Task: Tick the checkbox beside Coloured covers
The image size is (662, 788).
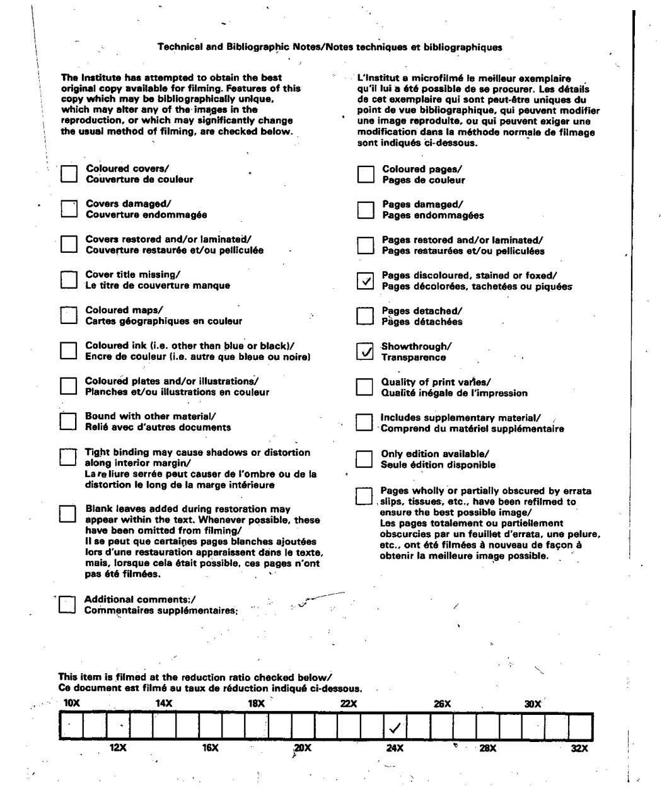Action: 69,174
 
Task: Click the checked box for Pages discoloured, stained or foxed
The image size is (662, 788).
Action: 365,281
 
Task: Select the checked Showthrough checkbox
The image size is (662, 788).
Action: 364,351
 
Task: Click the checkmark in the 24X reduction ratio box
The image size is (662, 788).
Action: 395,728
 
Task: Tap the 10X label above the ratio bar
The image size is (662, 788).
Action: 72,704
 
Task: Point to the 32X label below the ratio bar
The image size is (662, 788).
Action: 579,748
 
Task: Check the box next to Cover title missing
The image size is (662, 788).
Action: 68,280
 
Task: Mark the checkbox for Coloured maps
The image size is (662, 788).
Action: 68,315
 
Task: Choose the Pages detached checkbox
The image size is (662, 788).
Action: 365,316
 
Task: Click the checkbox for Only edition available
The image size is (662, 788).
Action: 364,459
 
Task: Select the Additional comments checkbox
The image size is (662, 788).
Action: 67,605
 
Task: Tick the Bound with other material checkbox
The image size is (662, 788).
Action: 67,421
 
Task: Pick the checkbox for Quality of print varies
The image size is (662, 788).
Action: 364,387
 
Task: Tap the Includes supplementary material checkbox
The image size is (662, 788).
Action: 364,422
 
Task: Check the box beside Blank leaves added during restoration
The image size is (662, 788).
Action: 67,514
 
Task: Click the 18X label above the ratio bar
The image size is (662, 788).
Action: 256,704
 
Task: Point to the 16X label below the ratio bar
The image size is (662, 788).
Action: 210,748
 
